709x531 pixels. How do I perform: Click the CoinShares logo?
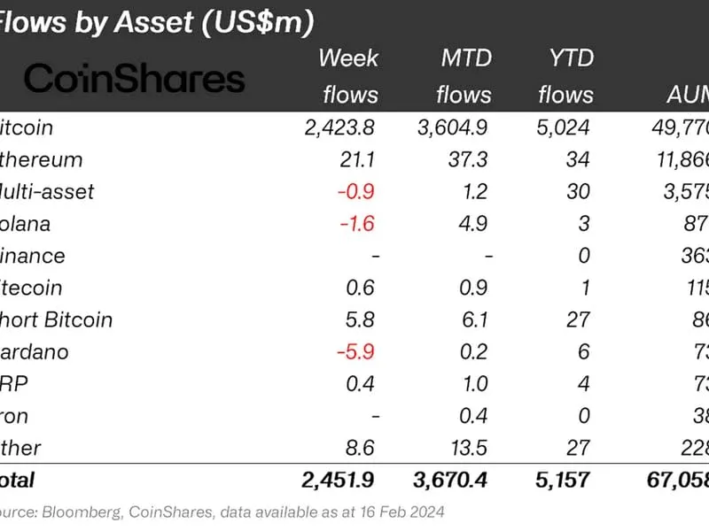tap(133, 79)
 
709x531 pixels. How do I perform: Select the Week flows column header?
tap(348, 76)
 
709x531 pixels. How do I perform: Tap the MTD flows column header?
tap(465, 76)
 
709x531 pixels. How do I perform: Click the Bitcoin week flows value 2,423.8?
tap(340, 127)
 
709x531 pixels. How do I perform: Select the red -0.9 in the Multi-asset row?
tap(358, 192)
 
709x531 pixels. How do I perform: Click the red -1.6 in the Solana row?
tap(358, 224)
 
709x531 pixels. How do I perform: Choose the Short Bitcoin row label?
tap(57, 319)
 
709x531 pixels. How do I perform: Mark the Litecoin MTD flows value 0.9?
tap(478, 288)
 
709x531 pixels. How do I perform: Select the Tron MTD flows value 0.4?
tap(478, 415)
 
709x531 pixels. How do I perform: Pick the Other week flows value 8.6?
tap(362, 447)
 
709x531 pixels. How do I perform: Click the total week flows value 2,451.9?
tap(338, 481)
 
